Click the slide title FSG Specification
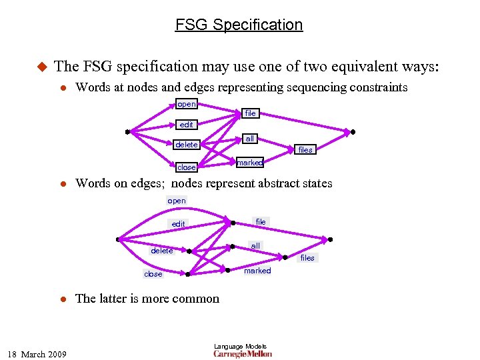(239, 25)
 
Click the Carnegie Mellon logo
(243, 354)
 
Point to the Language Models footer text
(240, 346)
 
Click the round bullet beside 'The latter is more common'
(62, 299)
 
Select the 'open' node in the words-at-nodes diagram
(187, 104)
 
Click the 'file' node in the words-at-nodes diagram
(250, 113)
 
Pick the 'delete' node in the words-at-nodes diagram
(187, 145)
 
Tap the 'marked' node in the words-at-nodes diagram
(249, 163)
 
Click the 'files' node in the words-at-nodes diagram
(305, 150)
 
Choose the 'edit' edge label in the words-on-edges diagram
(179, 224)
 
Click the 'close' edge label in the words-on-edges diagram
(153, 274)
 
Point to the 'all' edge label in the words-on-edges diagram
(255, 246)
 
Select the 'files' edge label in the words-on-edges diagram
(307, 258)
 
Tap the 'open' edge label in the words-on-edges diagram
(177, 201)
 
